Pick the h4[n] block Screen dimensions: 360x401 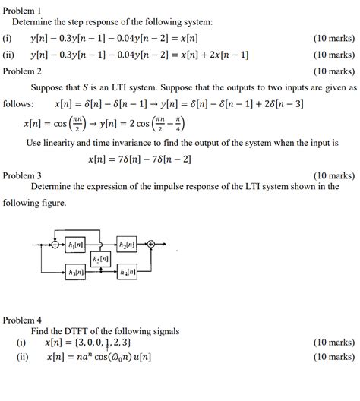(x=127, y=271)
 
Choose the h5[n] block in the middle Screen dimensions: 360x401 (x=100, y=259)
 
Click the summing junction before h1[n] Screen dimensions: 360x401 (x=55, y=244)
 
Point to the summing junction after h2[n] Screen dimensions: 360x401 (x=151, y=244)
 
